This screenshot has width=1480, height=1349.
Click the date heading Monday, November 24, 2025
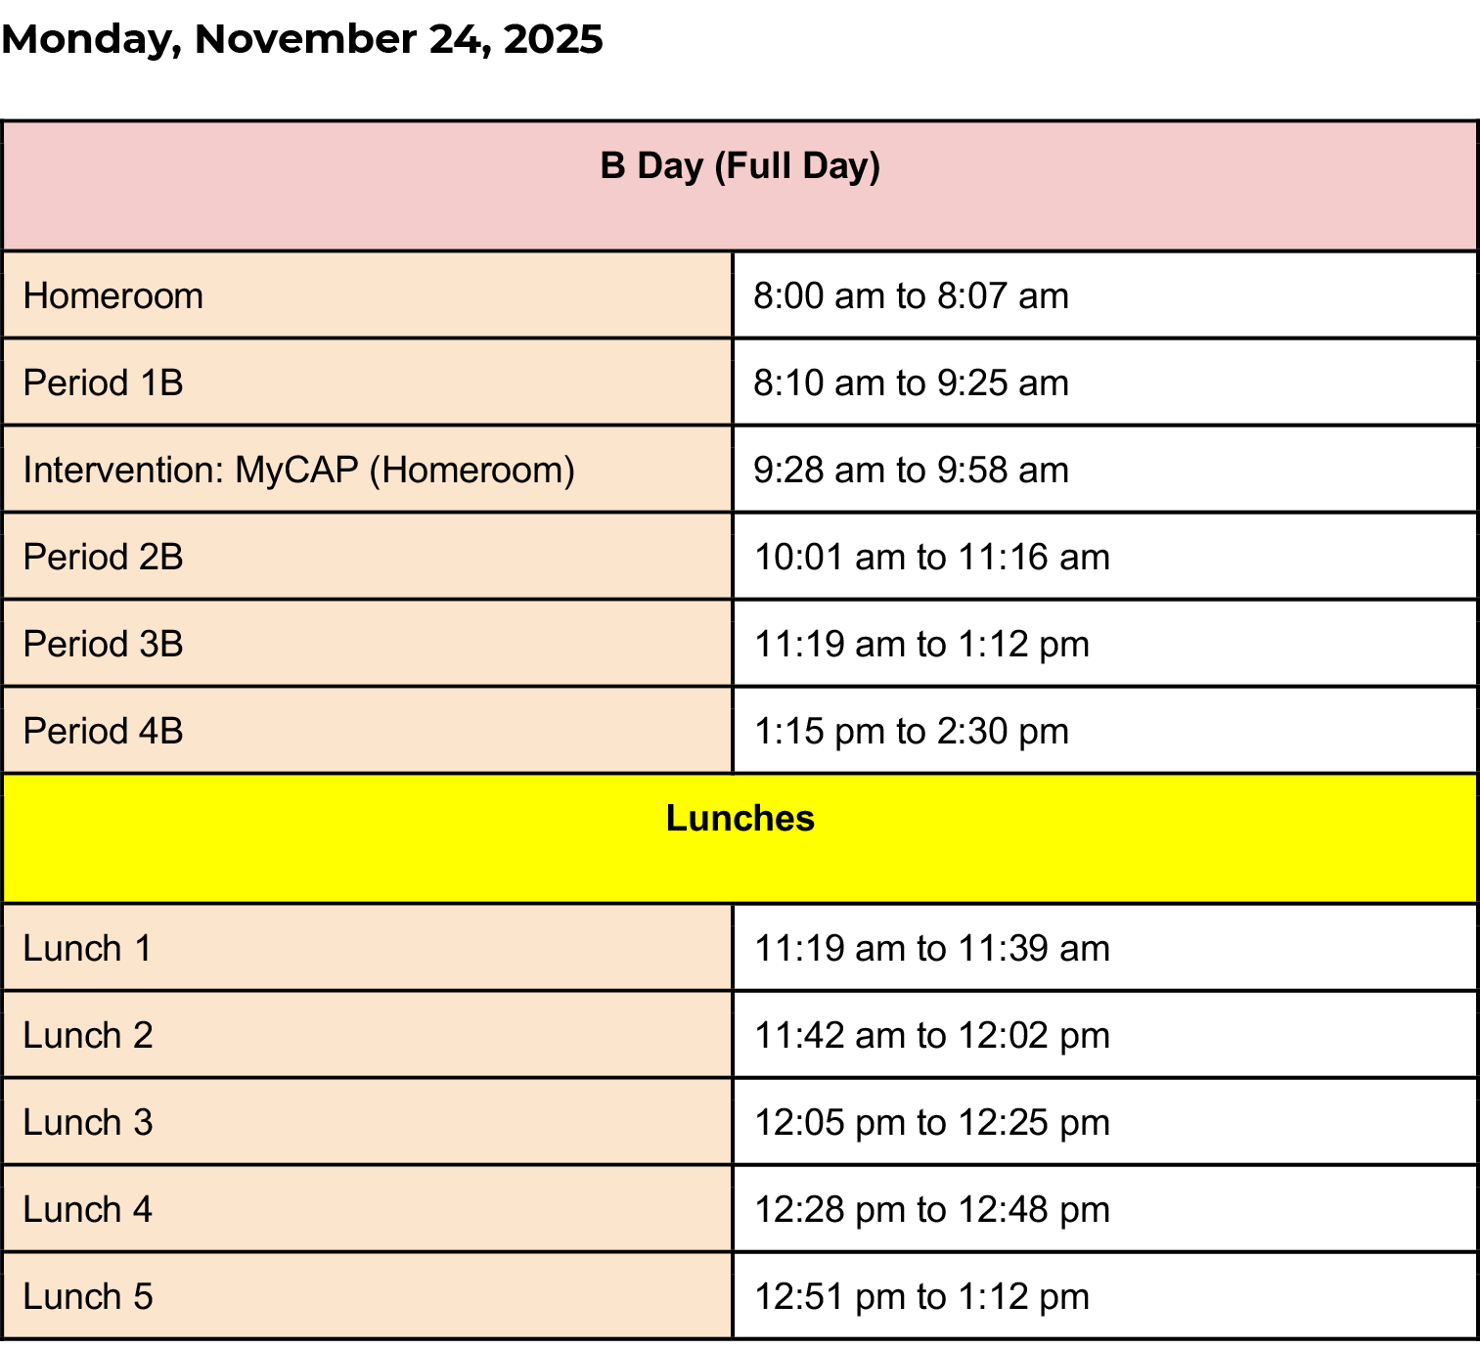tap(301, 40)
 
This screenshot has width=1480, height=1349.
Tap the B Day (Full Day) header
tap(740, 166)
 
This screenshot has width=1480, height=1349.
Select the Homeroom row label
tap(112, 296)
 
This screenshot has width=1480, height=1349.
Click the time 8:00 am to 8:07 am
tap(911, 296)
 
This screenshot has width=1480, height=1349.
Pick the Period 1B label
tap(104, 383)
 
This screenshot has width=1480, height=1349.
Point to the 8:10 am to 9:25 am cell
tap(911, 383)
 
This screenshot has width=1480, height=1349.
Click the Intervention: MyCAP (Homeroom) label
tap(298, 471)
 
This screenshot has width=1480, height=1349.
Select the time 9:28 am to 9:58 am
tap(911, 471)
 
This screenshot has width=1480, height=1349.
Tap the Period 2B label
tap(104, 558)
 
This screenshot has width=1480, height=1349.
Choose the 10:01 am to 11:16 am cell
tap(932, 558)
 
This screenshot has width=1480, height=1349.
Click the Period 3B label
tap(104, 645)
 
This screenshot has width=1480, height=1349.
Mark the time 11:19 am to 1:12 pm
tap(921, 645)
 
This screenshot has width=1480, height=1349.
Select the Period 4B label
tap(104, 732)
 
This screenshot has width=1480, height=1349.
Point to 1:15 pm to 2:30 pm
tap(911, 732)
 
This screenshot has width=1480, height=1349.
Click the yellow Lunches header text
tap(740, 819)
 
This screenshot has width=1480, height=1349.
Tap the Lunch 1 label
tap(87, 949)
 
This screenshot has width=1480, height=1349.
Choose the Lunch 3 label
tap(88, 1123)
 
